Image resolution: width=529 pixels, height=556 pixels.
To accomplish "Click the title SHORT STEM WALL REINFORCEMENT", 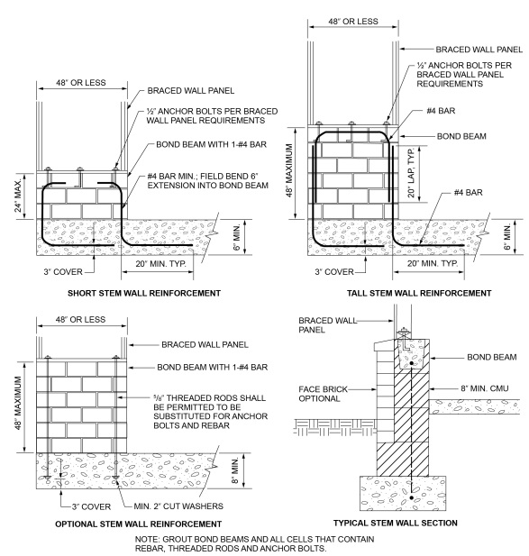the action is click(x=144, y=293).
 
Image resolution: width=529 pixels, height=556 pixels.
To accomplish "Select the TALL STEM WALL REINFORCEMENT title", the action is click(x=419, y=293).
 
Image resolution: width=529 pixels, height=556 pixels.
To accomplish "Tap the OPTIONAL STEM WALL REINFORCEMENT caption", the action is click(x=138, y=524).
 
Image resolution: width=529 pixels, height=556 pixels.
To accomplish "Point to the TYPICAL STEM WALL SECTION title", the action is click(x=396, y=523).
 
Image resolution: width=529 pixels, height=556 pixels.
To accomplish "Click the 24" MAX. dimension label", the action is click(x=18, y=195).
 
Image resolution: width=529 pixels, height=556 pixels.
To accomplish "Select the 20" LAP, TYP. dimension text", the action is click(x=411, y=173).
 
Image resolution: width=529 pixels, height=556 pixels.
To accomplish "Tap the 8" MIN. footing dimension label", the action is click(x=235, y=470).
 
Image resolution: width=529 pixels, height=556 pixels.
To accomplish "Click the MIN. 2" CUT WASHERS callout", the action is click(x=178, y=506).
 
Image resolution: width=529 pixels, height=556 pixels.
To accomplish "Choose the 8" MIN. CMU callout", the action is click(x=484, y=388).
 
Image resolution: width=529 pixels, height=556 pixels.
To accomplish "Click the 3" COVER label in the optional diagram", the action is click(x=92, y=506).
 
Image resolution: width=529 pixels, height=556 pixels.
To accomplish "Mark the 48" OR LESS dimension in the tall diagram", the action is click(x=353, y=22).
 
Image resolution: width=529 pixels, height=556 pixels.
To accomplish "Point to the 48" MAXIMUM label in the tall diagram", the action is click(x=289, y=170).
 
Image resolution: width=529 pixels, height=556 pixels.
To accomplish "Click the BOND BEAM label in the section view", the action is click(x=492, y=357).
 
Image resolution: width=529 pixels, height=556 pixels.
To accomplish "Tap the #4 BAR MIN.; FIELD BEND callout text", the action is click(x=208, y=181).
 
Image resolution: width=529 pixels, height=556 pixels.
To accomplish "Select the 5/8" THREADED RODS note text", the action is click(x=210, y=412).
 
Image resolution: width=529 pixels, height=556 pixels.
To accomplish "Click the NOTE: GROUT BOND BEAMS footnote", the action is click(x=254, y=543).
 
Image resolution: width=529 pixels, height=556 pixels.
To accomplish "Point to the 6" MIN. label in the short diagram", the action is click(x=237, y=237).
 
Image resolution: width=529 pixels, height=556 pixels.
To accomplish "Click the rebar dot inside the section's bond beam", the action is click(x=411, y=363).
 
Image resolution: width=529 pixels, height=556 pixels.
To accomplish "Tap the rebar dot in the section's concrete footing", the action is click(x=411, y=497).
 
